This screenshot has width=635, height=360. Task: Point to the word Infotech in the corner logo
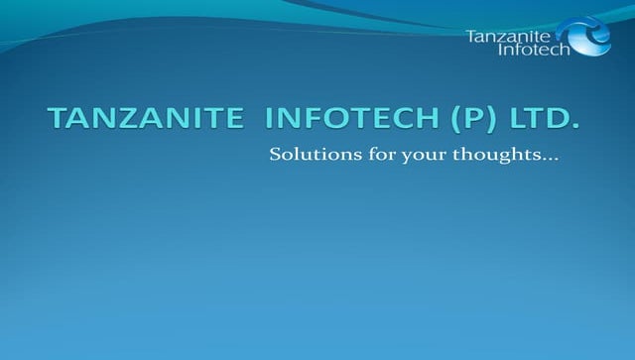coord(534,51)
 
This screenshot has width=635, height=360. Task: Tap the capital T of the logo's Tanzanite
coord(470,36)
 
